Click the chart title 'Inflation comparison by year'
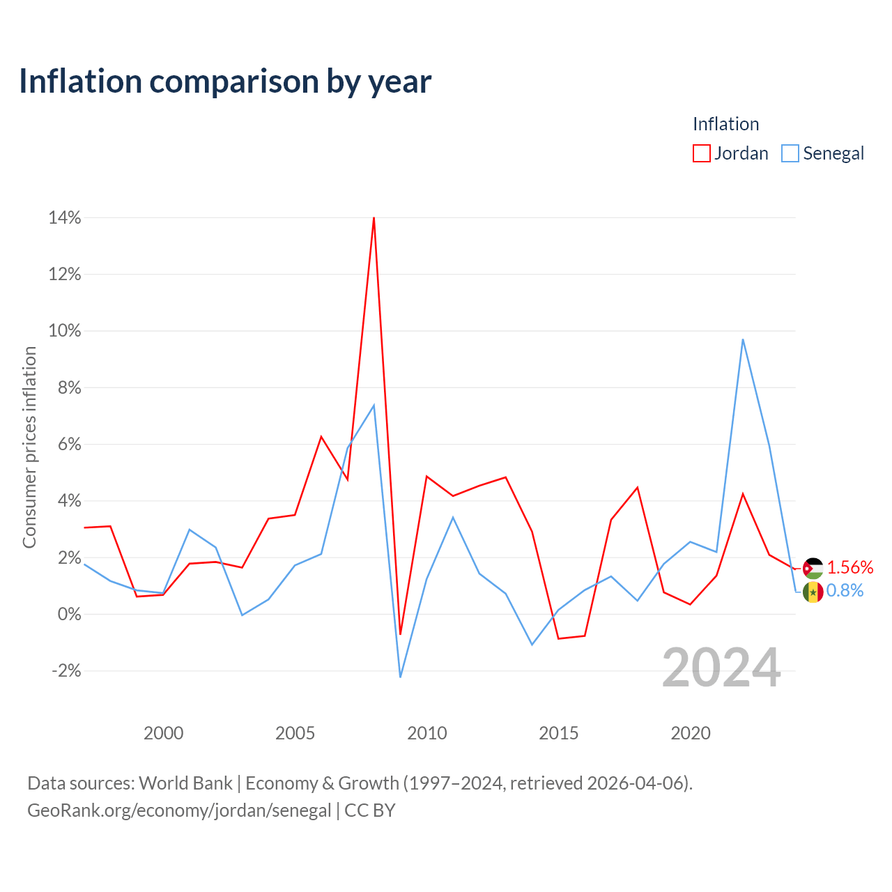pyautogui.click(x=225, y=82)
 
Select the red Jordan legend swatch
pyautogui.click(x=701, y=153)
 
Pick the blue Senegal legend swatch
pyautogui.click(x=790, y=153)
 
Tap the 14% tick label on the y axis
pyautogui.click(x=64, y=217)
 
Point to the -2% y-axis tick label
pyautogui.click(x=66, y=670)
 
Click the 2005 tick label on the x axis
pyautogui.click(x=295, y=733)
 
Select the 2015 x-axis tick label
pyautogui.click(x=558, y=733)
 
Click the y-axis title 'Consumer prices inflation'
pyautogui.click(x=29, y=447)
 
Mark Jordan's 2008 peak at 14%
pyautogui.click(x=374, y=217)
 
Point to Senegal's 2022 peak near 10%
pyautogui.click(x=742, y=339)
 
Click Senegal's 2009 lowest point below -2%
pyautogui.click(x=400, y=677)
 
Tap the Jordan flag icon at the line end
pyautogui.click(x=813, y=569)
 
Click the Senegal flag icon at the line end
pyautogui.click(x=813, y=592)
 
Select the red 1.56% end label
pyautogui.click(x=850, y=567)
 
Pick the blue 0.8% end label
pyautogui.click(x=845, y=591)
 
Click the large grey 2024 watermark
pyautogui.click(x=721, y=668)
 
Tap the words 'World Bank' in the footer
pyautogui.click(x=185, y=783)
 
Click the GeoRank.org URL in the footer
pyautogui.click(x=179, y=810)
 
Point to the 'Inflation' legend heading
pyautogui.click(x=726, y=124)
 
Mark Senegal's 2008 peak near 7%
pyautogui.click(x=374, y=406)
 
